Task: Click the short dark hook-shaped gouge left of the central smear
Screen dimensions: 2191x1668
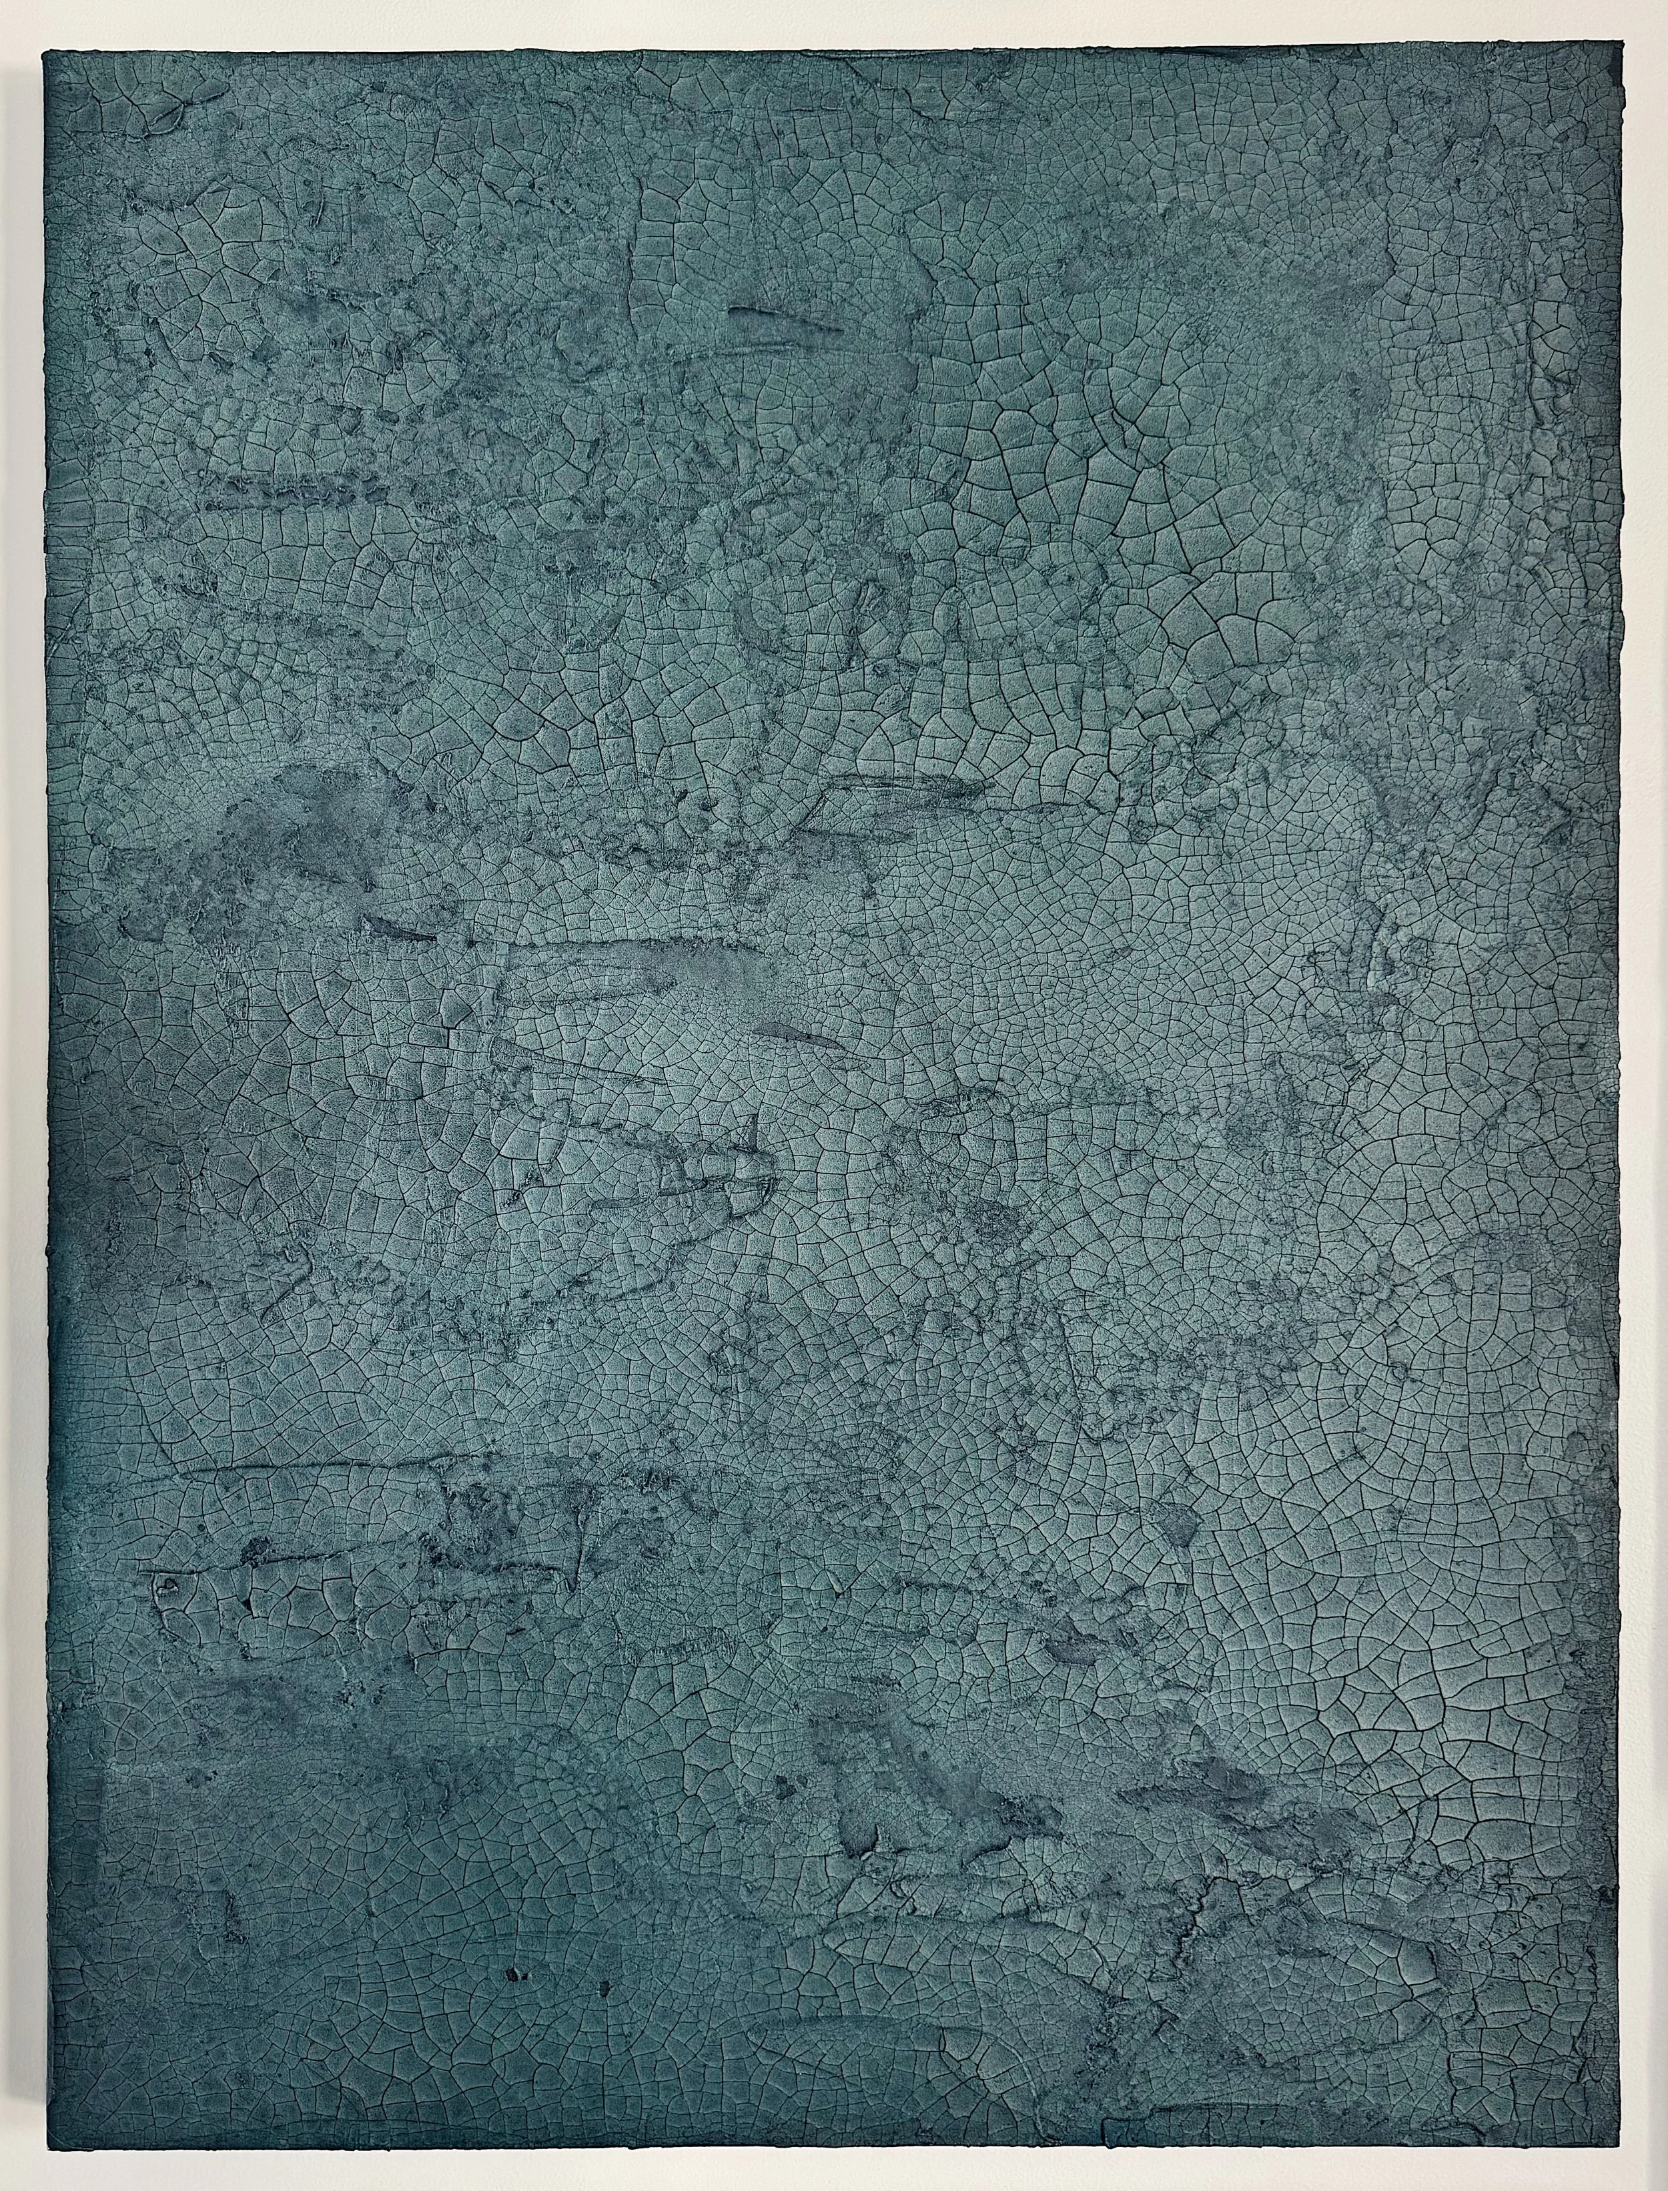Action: coord(397,928)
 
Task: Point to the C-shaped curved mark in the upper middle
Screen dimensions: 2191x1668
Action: coord(769,625)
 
